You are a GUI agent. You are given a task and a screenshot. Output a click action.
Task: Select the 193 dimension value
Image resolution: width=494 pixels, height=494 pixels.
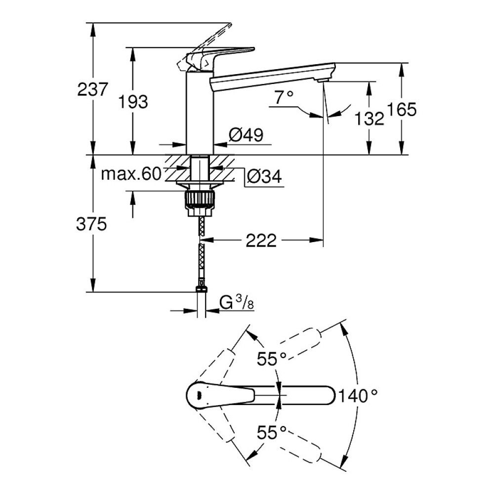click(133, 102)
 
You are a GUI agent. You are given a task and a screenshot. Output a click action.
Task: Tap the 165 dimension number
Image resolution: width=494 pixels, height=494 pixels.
click(401, 109)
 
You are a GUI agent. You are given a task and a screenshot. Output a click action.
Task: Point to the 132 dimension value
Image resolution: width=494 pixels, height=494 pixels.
click(369, 119)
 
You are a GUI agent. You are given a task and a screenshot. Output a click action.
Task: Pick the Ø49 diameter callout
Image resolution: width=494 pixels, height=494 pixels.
click(246, 135)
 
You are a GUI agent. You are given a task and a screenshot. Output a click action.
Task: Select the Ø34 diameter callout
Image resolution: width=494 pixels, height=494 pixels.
click(264, 176)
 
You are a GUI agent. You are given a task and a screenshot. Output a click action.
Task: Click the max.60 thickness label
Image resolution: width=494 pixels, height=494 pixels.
click(131, 173)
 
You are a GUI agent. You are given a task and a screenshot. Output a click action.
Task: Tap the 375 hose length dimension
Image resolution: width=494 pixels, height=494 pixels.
click(91, 224)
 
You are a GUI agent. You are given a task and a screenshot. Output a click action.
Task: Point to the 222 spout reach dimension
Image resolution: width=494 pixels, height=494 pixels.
click(261, 241)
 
